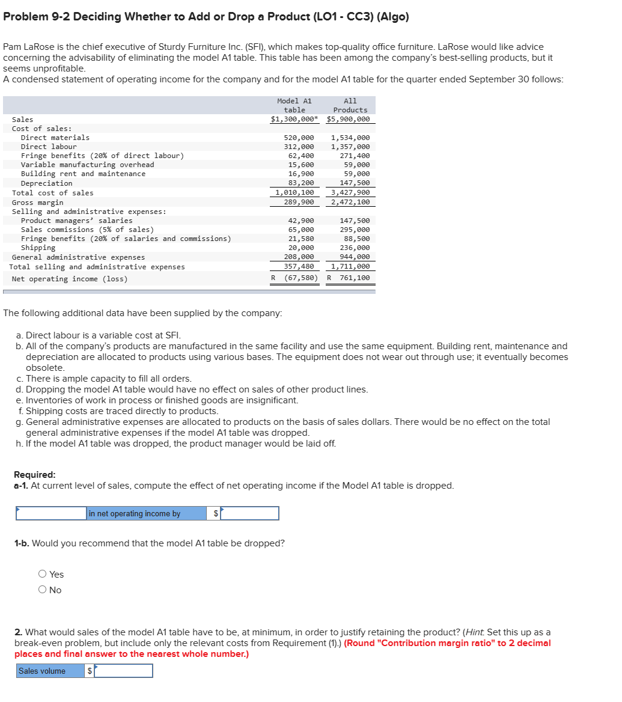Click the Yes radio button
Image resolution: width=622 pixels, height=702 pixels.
[x=43, y=575]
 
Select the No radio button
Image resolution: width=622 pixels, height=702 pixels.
[x=43, y=590]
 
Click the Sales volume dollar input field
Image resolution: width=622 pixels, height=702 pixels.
[x=123, y=671]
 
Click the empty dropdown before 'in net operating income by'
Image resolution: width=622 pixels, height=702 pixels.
[x=51, y=513]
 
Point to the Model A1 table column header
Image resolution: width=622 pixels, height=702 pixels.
[x=294, y=105]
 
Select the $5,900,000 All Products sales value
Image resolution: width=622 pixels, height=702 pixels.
[x=349, y=120]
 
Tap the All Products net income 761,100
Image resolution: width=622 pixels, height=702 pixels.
[x=355, y=278]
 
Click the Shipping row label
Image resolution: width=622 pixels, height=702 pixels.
[x=38, y=248]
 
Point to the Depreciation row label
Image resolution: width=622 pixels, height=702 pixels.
[x=46, y=183]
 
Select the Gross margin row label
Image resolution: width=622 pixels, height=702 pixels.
[x=37, y=203]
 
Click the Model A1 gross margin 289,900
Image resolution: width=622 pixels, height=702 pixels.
[x=299, y=203]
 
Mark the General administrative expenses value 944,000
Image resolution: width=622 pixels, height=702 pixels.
[x=355, y=257]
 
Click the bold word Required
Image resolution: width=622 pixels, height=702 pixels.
[x=35, y=474]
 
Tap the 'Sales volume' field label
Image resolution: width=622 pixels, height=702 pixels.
[x=42, y=671]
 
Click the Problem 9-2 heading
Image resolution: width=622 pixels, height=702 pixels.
[x=206, y=17]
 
